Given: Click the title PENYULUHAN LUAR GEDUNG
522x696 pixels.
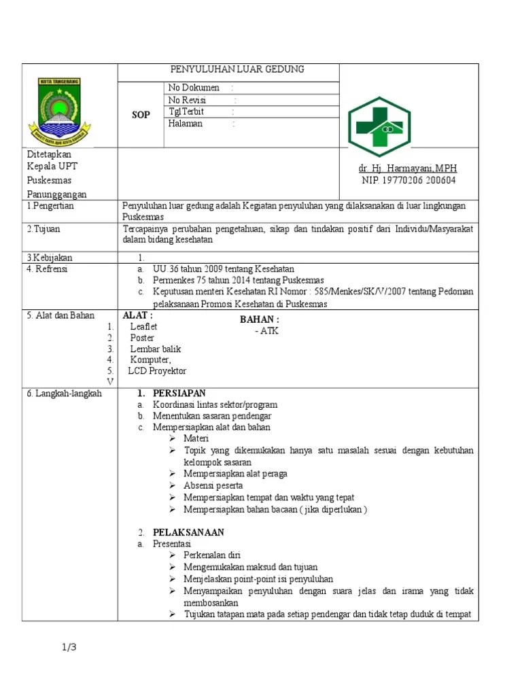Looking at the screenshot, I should [x=237, y=69].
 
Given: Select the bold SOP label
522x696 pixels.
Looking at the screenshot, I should [x=141, y=115].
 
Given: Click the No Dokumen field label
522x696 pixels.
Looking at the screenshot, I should [x=194, y=88].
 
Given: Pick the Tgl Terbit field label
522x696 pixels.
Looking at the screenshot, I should [x=186, y=112].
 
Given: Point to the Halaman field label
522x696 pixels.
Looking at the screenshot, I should [x=186, y=124].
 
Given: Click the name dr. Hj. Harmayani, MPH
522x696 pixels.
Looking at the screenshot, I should [x=408, y=168].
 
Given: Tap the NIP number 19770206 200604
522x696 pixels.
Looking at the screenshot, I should [x=408, y=180].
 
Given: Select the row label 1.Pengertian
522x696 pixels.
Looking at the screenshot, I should [x=50, y=205].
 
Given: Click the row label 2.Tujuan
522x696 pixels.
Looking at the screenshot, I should [x=43, y=229].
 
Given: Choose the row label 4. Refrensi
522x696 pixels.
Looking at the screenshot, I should [x=48, y=268].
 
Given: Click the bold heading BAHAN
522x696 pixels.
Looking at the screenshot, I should [x=259, y=319].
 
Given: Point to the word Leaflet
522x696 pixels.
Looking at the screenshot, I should [x=143, y=326].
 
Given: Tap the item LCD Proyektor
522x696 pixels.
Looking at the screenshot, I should [x=157, y=370].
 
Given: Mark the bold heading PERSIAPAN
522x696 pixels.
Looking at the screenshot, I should [x=179, y=394].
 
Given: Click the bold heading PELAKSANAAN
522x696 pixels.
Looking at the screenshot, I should [x=188, y=532].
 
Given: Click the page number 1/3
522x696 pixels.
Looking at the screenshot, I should [x=69, y=647].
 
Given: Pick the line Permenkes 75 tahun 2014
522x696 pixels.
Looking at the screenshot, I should [x=238, y=280].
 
